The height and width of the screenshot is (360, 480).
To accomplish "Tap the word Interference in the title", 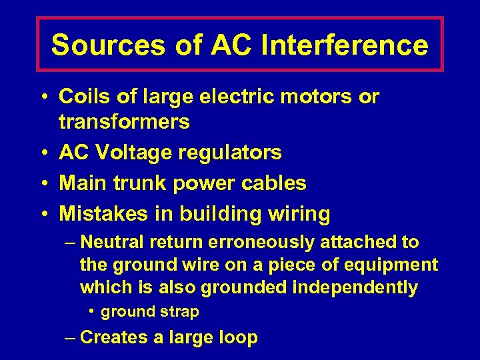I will (x=345, y=45).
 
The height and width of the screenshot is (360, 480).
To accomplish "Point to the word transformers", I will (x=124, y=122).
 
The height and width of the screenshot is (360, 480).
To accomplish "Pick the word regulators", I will (x=229, y=153).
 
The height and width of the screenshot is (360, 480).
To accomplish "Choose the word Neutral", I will (x=115, y=243).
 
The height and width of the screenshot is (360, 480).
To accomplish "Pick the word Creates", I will (x=113, y=337).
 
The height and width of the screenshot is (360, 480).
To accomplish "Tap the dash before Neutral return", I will (x=71, y=243).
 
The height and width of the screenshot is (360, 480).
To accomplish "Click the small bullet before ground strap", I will (x=93, y=311).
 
